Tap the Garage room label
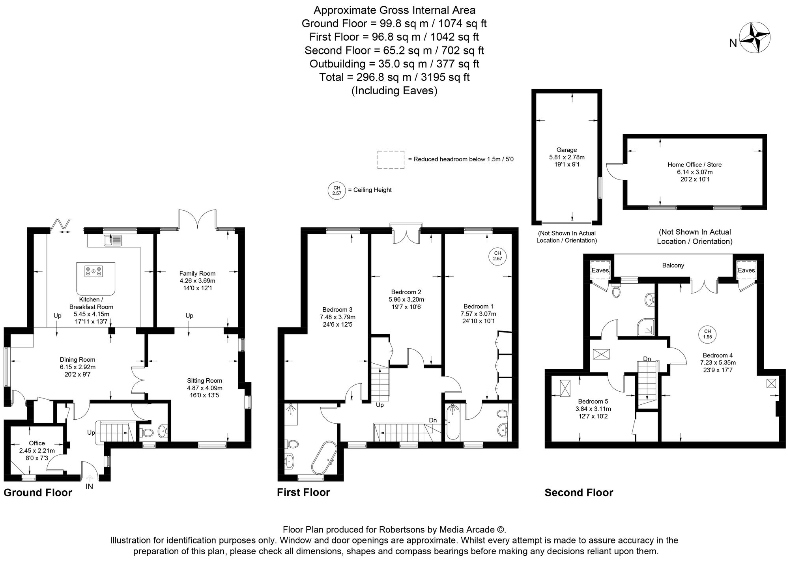pos(567,150)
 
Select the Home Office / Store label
pos(694,164)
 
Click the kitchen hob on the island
pos(93,271)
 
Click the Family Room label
pos(197,273)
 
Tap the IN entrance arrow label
pos(89,486)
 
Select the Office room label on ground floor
pos(37,443)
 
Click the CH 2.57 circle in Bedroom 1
pos(497,256)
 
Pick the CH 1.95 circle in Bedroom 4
pos(707,334)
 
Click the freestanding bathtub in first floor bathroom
pos(323,458)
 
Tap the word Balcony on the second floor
pos(673,265)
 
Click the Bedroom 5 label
pos(591,402)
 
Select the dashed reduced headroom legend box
pos(391,160)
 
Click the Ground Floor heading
pos(38,493)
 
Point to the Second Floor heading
pos(579,493)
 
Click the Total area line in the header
pos(394,77)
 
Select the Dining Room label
pos(77,360)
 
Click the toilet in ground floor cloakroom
pos(148,433)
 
